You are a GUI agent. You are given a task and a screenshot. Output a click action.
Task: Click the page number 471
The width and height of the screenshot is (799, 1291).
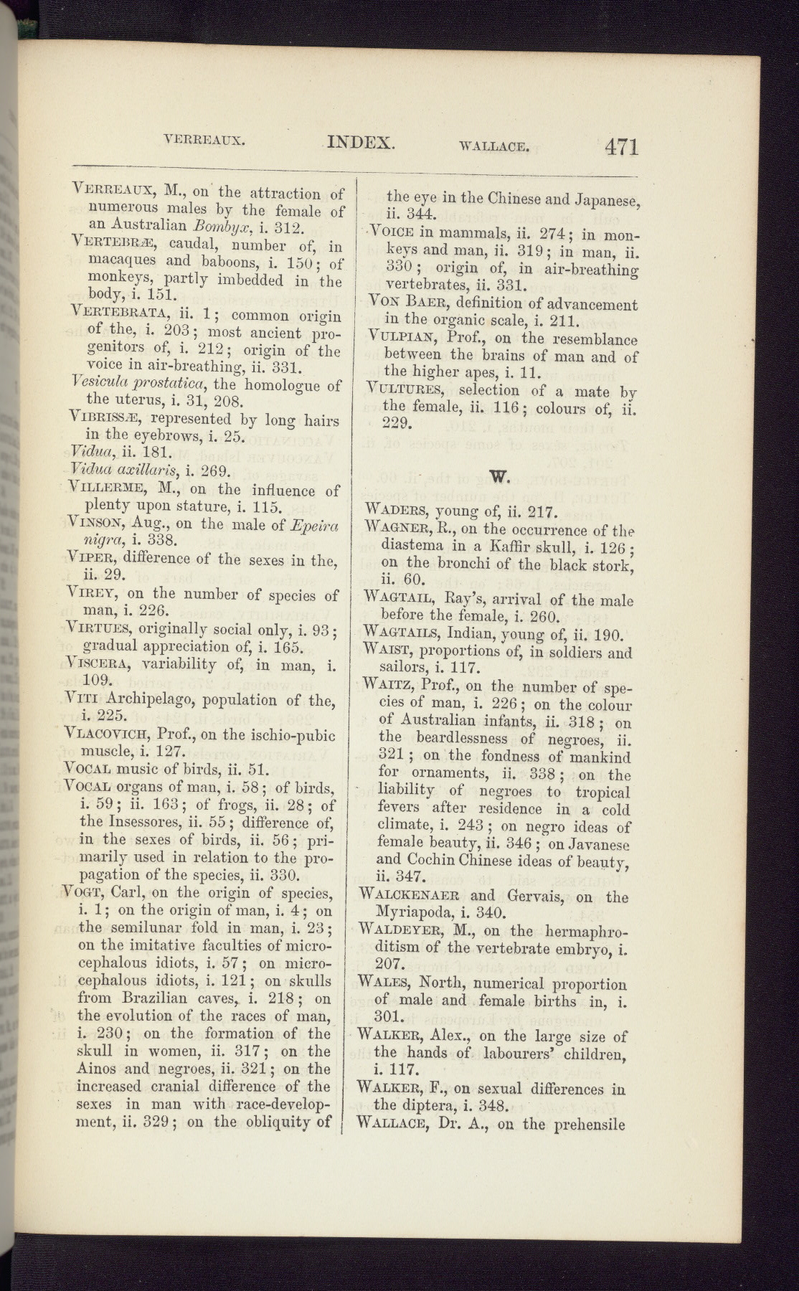[620, 146]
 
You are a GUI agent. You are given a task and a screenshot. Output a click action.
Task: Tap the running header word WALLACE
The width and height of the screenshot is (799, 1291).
[494, 148]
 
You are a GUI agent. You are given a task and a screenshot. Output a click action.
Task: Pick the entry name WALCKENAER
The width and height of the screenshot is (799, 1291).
[410, 896]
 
